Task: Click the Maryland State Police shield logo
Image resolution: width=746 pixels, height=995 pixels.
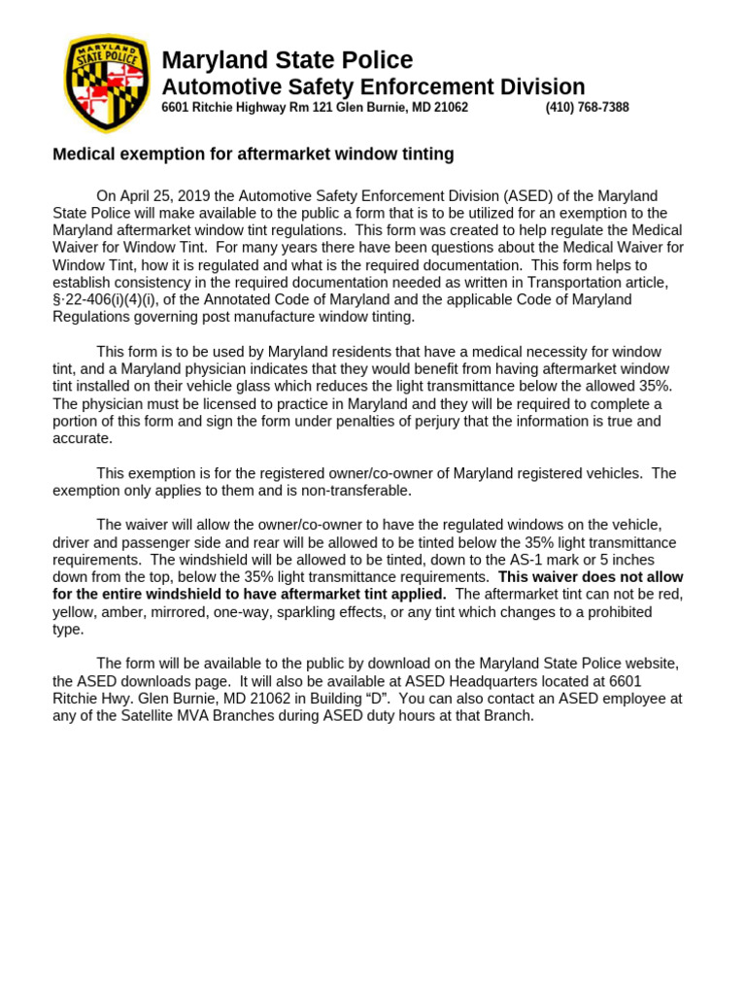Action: [106, 84]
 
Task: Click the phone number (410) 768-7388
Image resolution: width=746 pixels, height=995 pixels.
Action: [587, 108]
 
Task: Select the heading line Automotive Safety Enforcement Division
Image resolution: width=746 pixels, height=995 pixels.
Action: [373, 86]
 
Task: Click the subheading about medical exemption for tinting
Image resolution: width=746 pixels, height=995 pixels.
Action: [253, 154]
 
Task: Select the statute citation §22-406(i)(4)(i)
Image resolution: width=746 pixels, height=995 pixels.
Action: [107, 299]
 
